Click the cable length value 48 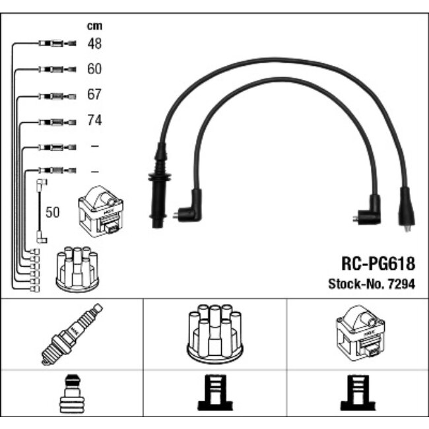[x=94, y=44]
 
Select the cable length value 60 [x=94, y=69]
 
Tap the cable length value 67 [x=94, y=95]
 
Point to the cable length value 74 [x=94, y=121]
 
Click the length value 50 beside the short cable [x=52, y=213]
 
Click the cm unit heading [x=94, y=26]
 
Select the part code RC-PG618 [x=378, y=264]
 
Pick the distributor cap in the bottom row [x=214, y=333]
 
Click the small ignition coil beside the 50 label [x=100, y=210]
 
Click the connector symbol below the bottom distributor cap [x=214, y=394]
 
